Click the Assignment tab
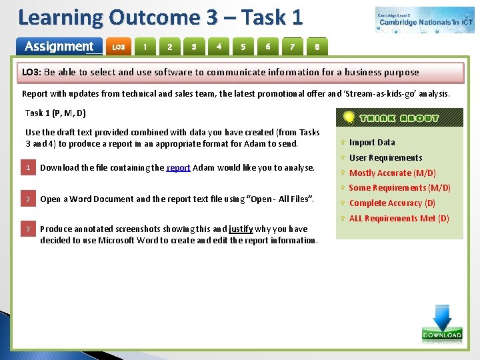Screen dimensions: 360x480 pos(59,47)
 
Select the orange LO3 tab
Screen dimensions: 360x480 pos(119,47)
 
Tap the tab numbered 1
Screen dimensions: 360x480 pos(145,47)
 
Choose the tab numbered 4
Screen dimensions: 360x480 pos(219,47)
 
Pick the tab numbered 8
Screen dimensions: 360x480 pos(317,47)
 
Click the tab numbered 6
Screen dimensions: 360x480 pos(268,47)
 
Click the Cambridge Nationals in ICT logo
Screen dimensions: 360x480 pos(425,20)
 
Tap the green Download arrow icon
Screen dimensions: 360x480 pos(441,323)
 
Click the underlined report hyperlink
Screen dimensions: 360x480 pos(179,168)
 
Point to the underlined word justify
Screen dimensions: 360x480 pos(240,229)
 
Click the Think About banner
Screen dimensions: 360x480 pos(400,118)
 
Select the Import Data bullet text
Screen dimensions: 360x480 pos(372,143)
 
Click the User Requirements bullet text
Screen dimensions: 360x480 pos(385,158)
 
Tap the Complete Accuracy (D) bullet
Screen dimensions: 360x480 pos(392,203)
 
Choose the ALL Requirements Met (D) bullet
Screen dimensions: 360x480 pos(399,219)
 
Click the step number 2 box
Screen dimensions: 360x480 pos(29,199)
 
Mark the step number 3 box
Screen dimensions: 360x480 pos(29,229)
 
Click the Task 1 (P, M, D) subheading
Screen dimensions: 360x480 pos(55,113)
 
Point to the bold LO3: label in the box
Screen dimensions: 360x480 pos(32,73)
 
